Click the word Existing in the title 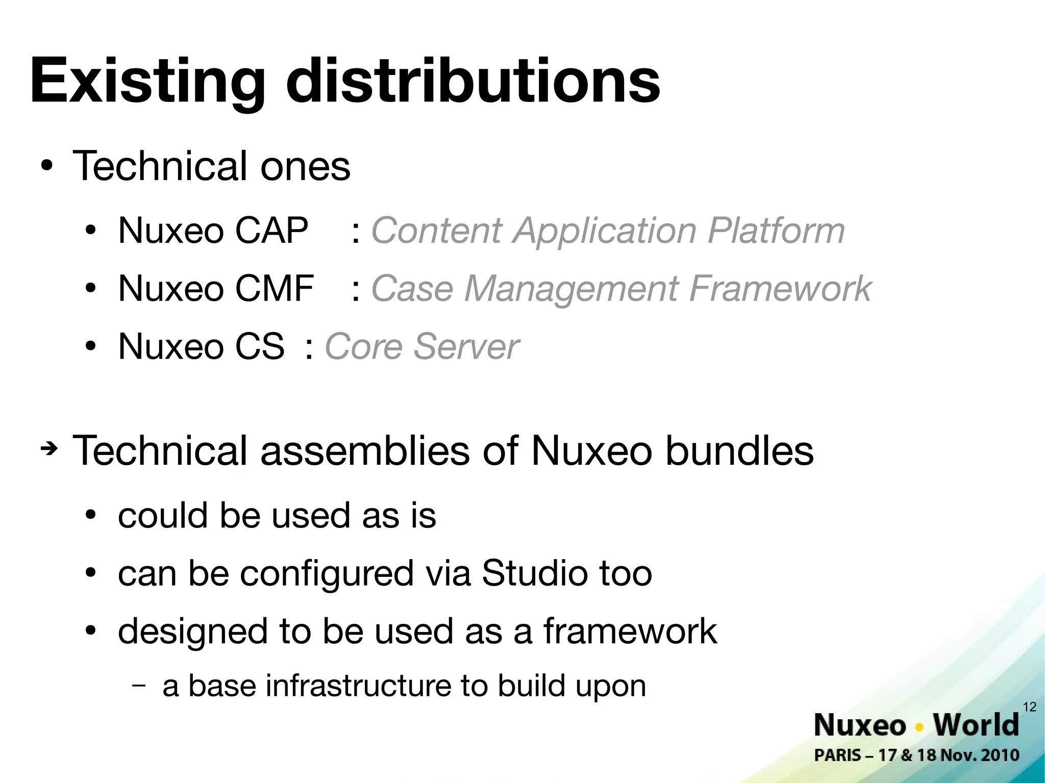148,82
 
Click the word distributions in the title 472,82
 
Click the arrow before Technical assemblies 49,449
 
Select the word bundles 739,451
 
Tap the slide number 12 1030,706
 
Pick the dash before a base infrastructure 138,685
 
